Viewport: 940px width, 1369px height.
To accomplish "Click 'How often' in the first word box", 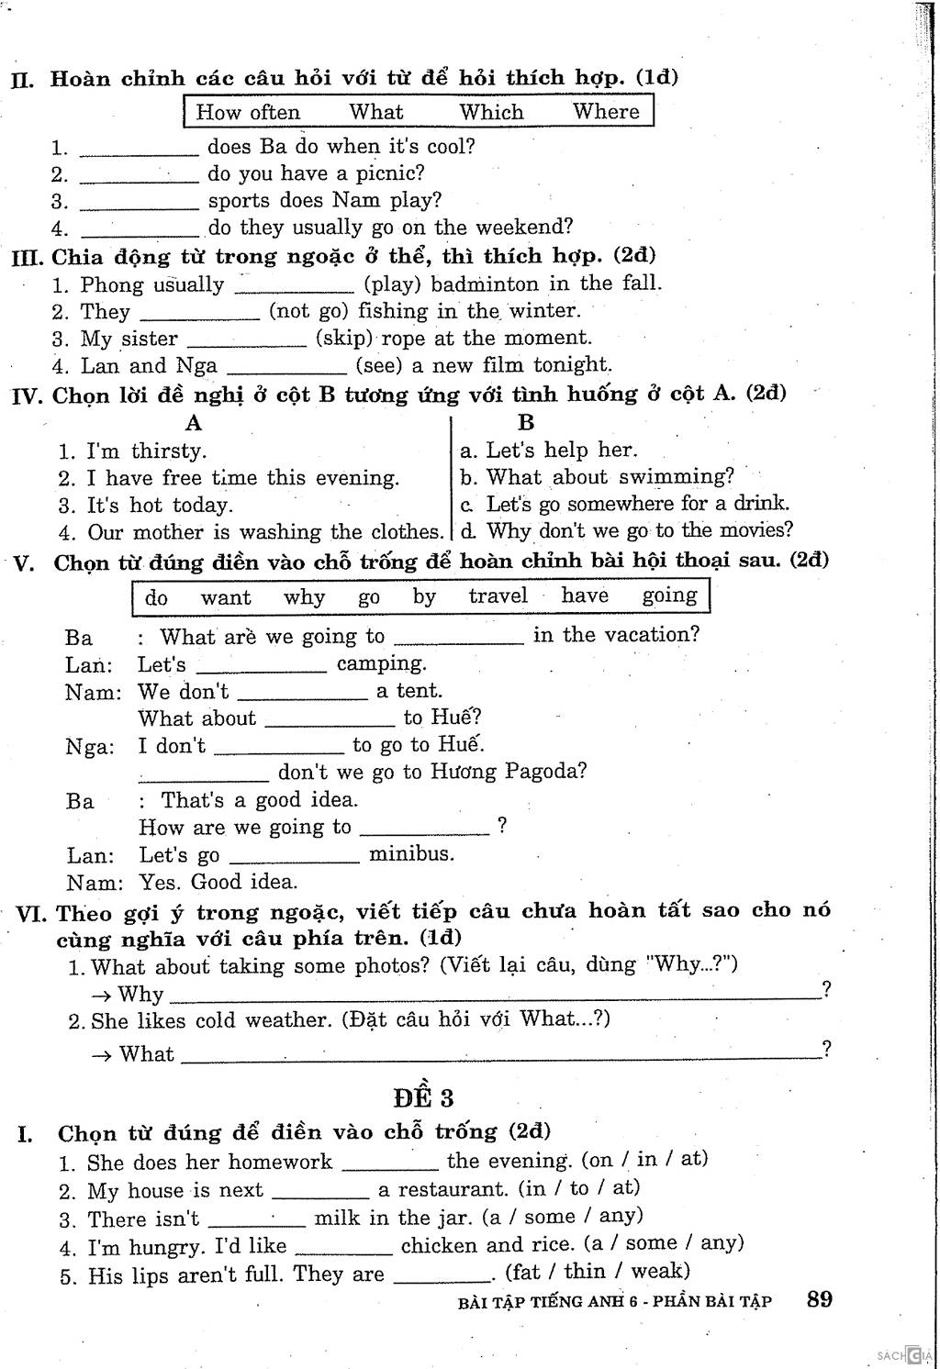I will pyautogui.click(x=248, y=113).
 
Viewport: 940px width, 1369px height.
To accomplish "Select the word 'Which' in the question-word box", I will pyautogui.click(x=491, y=112).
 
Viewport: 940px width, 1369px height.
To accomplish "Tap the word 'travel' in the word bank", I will pyautogui.click(x=498, y=596).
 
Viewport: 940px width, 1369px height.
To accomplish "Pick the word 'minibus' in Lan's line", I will pyautogui.click(x=410, y=854).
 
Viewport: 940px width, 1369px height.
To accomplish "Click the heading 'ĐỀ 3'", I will pyautogui.click(x=423, y=1097).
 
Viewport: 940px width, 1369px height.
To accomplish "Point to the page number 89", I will pyautogui.click(x=820, y=1299).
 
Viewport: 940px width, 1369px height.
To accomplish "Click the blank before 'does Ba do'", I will pyautogui.click(x=139, y=150).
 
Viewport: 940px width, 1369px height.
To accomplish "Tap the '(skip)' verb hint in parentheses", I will pyautogui.click(x=344, y=338).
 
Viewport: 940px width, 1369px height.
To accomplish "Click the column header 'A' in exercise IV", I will pyautogui.click(x=193, y=423).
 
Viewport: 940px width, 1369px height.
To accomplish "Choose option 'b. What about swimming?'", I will pyautogui.click(x=598, y=477).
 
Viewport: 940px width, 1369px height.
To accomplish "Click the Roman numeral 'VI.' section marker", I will pyautogui.click(x=33, y=914).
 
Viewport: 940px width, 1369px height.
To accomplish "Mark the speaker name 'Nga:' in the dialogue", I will pyautogui.click(x=90, y=747).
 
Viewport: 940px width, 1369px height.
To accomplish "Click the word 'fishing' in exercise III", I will pyautogui.click(x=392, y=311).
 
